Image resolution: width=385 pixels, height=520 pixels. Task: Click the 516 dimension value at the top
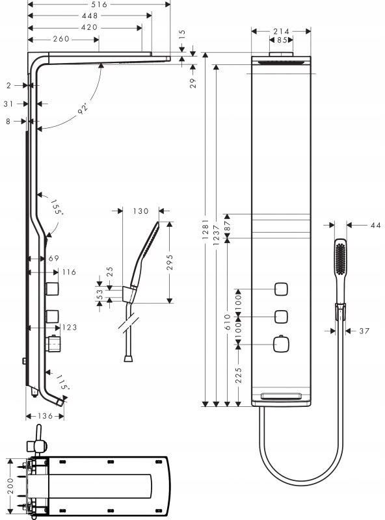coord(100,5)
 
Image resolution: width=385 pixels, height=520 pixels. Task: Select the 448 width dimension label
coord(90,16)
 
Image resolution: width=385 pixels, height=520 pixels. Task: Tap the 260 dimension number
coord(61,39)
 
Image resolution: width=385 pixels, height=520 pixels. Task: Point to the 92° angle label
coord(83,109)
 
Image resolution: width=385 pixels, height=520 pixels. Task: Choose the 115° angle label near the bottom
coord(62,382)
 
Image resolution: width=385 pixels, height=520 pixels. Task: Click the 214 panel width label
coord(281,31)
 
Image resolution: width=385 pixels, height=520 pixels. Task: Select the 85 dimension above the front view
coord(282,40)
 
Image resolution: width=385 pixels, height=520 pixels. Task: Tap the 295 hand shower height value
coord(170,262)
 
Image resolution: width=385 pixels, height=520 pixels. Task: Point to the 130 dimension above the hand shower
coord(140,211)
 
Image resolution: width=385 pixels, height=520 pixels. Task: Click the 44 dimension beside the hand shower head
coord(375,225)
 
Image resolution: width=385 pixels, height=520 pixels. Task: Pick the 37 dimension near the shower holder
coord(364,331)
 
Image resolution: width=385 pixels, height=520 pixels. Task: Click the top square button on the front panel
coord(281,289)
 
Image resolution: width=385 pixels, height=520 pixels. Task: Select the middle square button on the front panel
coord(281,317)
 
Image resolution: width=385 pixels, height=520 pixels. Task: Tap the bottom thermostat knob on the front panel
coord(281,344)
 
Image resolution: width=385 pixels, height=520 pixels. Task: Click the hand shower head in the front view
coord(341,257)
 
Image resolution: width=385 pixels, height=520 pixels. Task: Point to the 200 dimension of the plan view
coord(11,486)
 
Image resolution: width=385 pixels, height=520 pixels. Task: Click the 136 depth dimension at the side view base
coord(45,416)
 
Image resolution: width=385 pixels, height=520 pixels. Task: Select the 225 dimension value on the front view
coord(239,375)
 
